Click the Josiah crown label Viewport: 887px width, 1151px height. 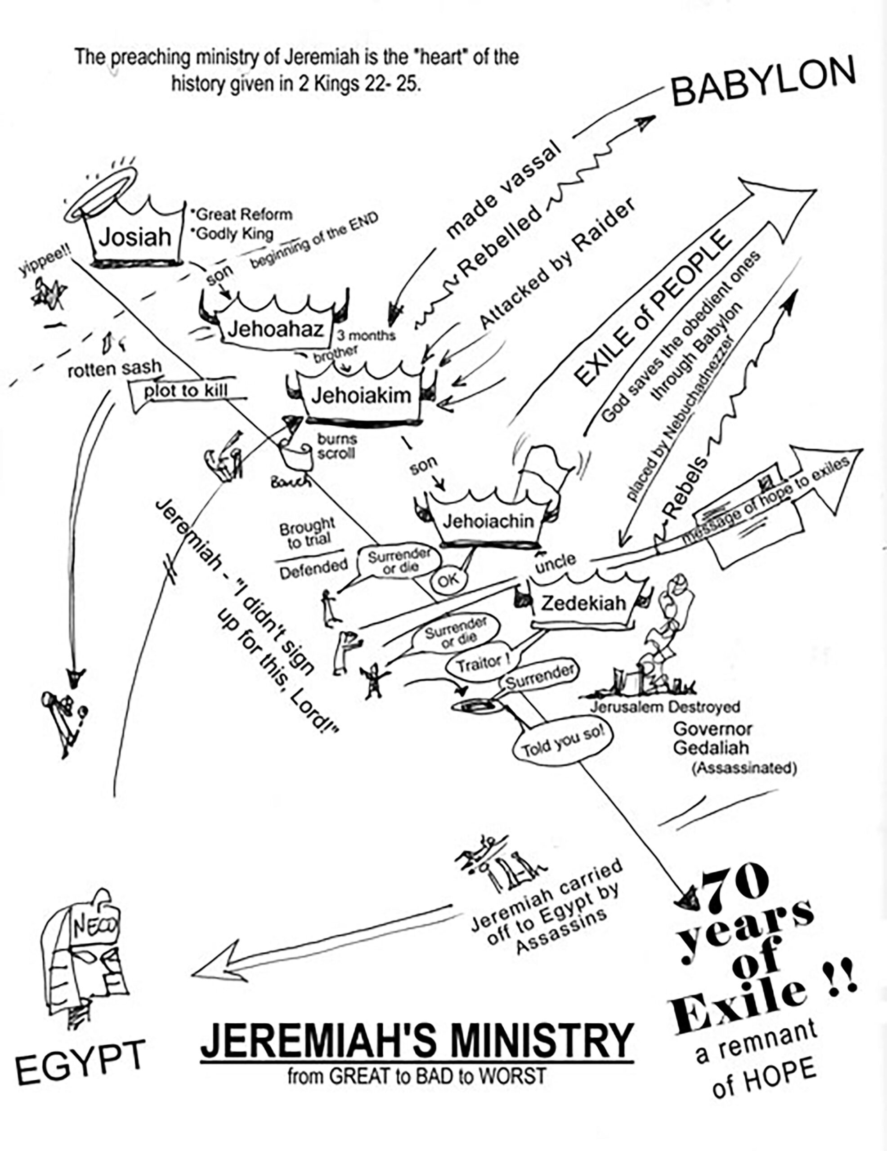135,237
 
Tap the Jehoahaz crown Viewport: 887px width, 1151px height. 275,330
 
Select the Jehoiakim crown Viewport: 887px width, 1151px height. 361,395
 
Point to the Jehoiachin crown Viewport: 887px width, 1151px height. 488,522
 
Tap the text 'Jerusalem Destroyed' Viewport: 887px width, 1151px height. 664,707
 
